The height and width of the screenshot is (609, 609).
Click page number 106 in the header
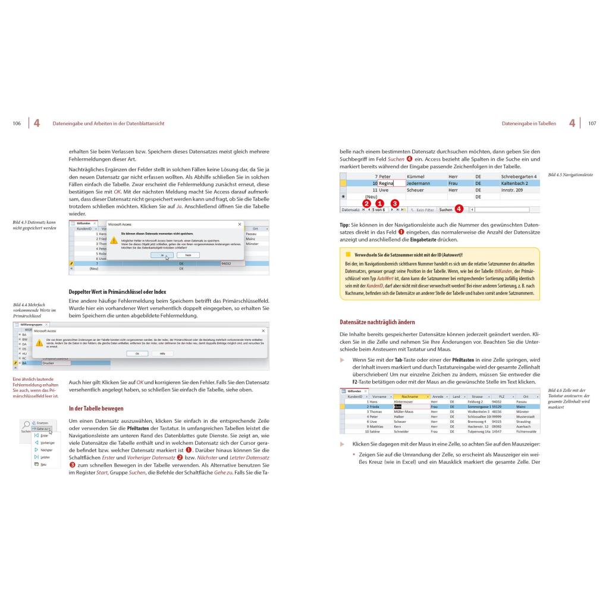click(17, 124)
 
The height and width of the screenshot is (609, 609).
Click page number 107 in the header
click(592, 124)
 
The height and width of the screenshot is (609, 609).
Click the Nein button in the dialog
click(188, 255)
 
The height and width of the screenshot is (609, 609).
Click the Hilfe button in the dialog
click(162, 353)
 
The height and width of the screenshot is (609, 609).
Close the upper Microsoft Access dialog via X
click(240, 224)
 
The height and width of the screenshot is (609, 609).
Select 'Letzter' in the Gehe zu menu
click(44, 457)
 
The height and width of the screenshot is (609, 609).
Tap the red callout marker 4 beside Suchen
click(459, 208)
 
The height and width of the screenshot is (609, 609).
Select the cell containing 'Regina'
click(387, 184)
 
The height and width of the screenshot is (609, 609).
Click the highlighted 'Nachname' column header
click(410, 397)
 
